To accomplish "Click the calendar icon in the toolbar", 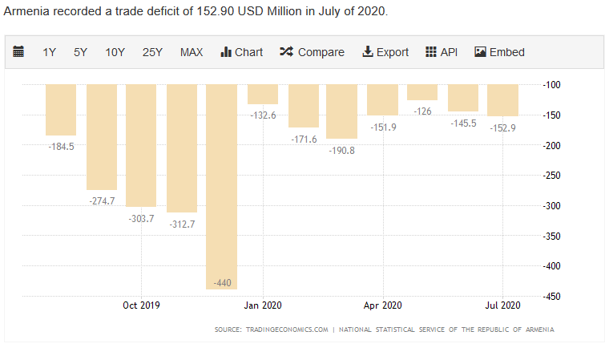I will [x=19, y=52].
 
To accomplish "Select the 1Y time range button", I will [x=50, y=52].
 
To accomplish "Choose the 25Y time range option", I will [x=152, y=52].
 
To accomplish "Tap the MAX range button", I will [x=192, y=52].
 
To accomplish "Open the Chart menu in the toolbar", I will [x=241, y=52].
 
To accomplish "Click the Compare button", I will [x=312, y=52].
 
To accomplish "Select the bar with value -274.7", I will [x=101, y=136].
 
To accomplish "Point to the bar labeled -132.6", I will [x=263, y=94].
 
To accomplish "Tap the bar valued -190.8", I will [x=342, y=111].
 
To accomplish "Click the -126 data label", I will [x=423, y=111].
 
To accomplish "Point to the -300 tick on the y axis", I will [x=551, y=206].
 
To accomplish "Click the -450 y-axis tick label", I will [x=551, y=297].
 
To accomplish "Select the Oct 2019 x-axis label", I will [x=142, y=305].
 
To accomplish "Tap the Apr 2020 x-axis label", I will [x=382, y=305].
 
